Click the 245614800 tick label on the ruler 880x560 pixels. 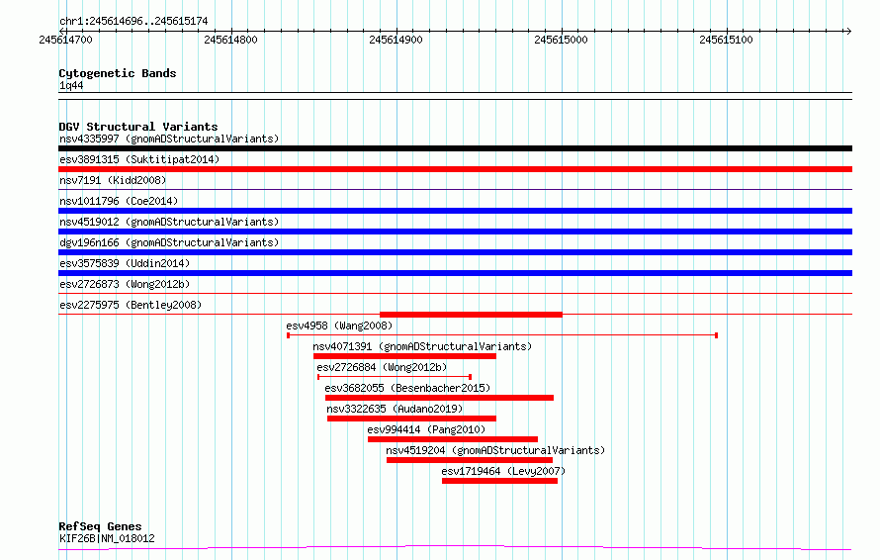tap(230, 40)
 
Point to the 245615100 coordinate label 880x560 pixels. tap(726, 40)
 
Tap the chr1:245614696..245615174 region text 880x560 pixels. tap(133, 22)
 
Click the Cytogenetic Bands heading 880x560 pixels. tap(118, 73)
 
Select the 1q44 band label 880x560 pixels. tap(71, 85)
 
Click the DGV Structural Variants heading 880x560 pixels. tap(138, 127)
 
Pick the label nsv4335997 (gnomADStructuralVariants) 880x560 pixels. tap(169, 139)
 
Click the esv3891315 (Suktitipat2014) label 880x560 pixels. tap(139, 159)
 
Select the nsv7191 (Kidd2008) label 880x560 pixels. tap(113, 180)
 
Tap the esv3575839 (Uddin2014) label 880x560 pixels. tap(125, 263)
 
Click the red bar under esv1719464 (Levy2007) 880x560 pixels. tap(499, 481)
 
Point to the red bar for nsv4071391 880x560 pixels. tap(404, 356)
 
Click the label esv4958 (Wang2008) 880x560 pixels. tap(339, 326)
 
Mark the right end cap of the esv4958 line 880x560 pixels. tap(716, 335)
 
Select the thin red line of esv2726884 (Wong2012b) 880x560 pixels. tap(394, 377)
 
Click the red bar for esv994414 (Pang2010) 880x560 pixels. tap(452, 439)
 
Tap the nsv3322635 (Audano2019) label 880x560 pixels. tap(395, 409)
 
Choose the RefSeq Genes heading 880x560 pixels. tap(100, 526)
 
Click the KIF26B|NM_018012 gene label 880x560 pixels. tap(107, 538)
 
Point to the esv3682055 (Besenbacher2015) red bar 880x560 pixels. tap(439, 398)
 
